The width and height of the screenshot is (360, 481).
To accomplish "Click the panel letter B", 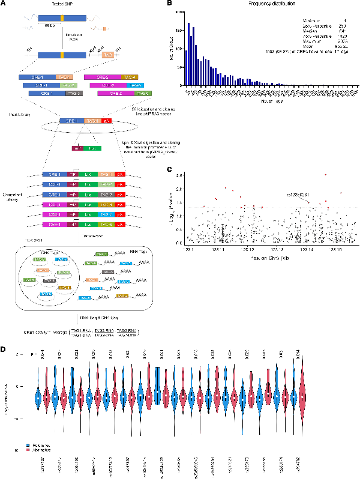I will point(170,4).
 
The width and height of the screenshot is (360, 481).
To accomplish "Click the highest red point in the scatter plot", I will point(325,175).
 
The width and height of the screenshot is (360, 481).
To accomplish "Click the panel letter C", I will point(170,169).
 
